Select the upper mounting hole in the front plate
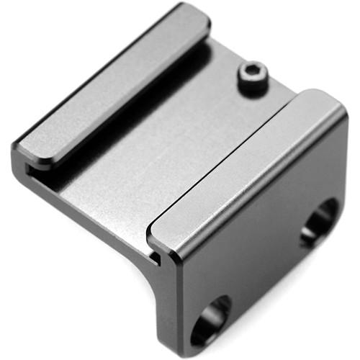(x=319, y=221)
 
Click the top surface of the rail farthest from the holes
(x=108, y=86)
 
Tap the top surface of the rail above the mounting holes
(x=245, y=166)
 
